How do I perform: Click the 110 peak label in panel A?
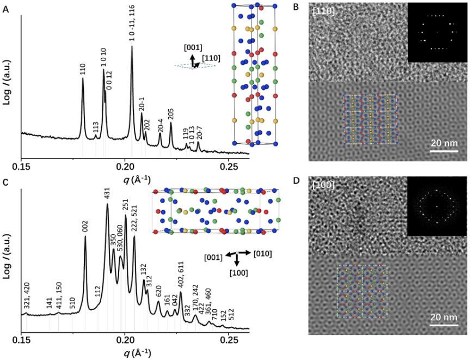tap(83, 69)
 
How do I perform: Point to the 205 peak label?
tap(171, 114)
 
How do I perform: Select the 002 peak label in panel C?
tap(85, 226)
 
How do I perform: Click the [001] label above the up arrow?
tap(194, 47)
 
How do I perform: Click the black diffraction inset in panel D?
tap(437, 207)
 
